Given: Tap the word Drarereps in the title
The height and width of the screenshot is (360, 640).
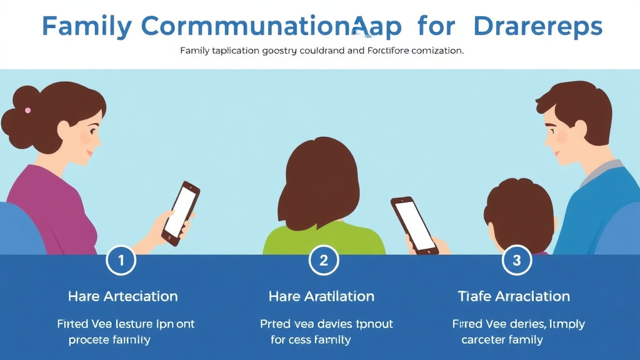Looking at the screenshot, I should [537, 26].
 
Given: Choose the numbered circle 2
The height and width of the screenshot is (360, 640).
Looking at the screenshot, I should [323, 260].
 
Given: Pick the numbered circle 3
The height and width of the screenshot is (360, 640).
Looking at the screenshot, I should [516, 260].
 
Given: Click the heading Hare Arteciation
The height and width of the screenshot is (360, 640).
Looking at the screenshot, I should [122, 296].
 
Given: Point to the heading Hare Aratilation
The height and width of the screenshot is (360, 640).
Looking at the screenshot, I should [321, 296].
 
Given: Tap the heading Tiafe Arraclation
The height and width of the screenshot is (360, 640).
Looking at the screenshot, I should [514, 296].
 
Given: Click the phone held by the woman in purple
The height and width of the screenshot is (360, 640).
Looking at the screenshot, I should [181, 213].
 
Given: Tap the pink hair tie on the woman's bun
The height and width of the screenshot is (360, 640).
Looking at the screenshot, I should [27, 111].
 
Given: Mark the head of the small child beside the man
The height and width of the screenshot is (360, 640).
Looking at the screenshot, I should [519, 212].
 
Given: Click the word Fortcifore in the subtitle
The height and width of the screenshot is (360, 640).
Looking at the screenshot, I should [386, 51].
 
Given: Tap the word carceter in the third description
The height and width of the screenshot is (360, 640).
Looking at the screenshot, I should [486, 340].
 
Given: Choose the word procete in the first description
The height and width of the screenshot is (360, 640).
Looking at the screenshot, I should [88, 340].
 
